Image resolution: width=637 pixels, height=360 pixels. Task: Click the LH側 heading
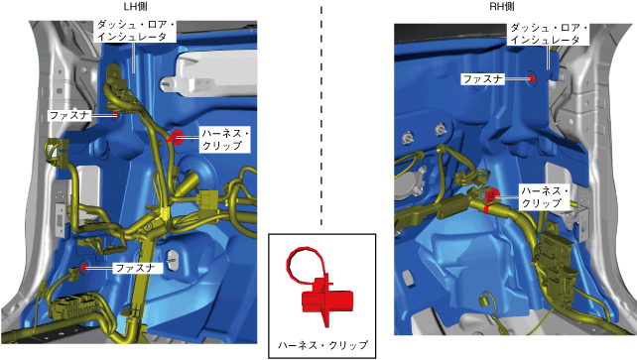[x=135, y=7]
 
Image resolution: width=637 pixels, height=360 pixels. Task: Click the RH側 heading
[x=502, y=7]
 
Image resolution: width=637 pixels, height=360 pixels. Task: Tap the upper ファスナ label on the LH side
[x=68, y=115]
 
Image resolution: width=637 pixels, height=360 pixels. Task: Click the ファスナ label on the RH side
[x=482, y=79]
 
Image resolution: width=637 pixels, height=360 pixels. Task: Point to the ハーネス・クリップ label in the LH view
[x=224, y=140]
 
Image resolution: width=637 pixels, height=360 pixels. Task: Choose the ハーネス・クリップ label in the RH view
[x=545, y=197]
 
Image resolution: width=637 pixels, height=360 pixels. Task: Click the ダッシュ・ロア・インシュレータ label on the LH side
[x=135, y=31]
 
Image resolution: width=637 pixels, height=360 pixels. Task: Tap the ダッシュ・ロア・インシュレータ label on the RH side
[x=549, y=34]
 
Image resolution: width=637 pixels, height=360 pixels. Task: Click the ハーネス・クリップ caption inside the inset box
[x=322, y=345]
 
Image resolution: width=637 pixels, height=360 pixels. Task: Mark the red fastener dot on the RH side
[x=532, y=78]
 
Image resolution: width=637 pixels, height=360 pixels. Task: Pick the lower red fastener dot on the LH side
[x=84, y=267]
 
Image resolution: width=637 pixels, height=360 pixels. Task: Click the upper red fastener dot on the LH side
[x=116, y=115]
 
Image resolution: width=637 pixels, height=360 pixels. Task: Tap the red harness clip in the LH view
[x=177, y=137]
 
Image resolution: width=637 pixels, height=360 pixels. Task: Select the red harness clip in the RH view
[x=491, y=194]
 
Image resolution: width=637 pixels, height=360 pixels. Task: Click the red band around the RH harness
[x=486, y=209]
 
